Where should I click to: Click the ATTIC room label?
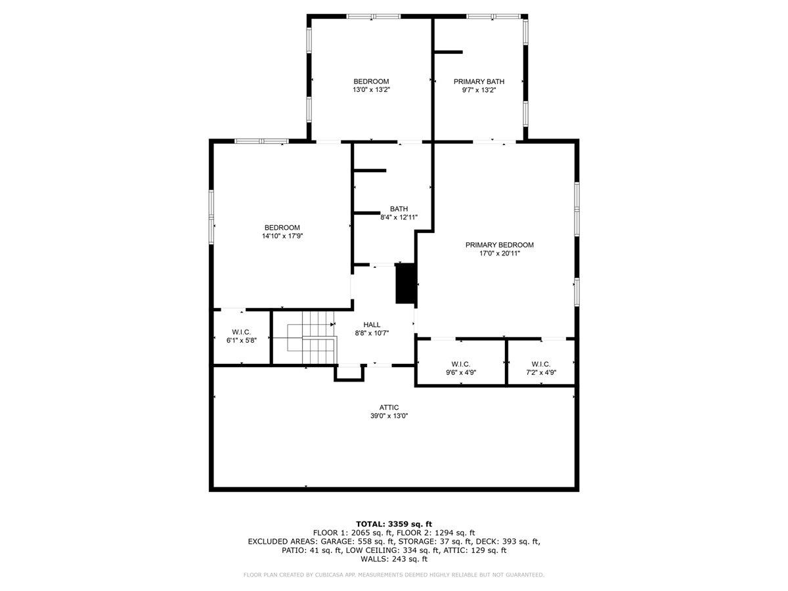pyautogui.click(x=389, y=407)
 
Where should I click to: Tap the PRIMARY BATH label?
pyautogui.click(x=479, y=81)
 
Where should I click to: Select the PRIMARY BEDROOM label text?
pyautogui.click(x=499, y=245)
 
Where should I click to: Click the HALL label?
pyautogui.click(x=372, y=324)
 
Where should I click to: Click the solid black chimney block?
pyautogui.click(x=406, y=283)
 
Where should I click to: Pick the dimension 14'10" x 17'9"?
pyautogui.click(x=282, y=236)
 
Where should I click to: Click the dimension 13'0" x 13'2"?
pyautogui.click(x=371, y=90)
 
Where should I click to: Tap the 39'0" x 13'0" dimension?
pyautogui.click(x=389, y=416)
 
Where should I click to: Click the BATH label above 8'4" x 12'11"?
pyautogui.click(x=399, y=209)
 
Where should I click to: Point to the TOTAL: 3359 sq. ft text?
pyautogui.click(x=394, y=523)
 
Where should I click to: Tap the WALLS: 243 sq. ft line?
pyautogui.click(x=394, y=559)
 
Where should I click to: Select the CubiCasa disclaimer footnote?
pyautogui.click(x=394, y=575)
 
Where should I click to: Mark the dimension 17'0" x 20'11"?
pyautogui.click(x=499, y=253)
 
